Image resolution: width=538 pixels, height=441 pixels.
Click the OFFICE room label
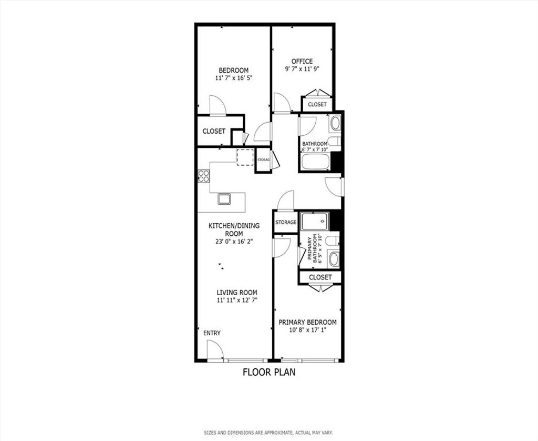[x=302, y=62]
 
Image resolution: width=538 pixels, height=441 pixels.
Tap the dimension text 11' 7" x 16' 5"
[x=234, y=78]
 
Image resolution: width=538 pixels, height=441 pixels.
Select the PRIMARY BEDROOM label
[x=307, y=323]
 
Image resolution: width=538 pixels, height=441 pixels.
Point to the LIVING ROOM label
[x=237, y=293]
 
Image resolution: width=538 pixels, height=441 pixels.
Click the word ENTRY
[x=212, y=333]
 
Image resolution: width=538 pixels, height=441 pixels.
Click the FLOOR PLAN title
[x=269, y=372]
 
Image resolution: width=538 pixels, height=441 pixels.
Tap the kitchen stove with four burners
[x=204, y=176]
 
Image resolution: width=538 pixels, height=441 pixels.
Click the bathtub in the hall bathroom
[x=315, y=162]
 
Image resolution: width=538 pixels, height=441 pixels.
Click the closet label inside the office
[x=317, y=105]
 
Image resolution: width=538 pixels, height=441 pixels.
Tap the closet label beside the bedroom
[x=214, y=132]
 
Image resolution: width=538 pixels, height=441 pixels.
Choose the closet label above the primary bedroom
[x=320, y=277]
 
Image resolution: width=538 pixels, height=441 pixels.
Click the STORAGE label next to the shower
[x=286, y=223]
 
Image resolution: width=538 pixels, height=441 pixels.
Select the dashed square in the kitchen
[x=245, y=157]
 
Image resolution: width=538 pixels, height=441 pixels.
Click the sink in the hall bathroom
[x=335, y=123]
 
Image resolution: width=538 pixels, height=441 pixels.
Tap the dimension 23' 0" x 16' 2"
[x=234, y=242]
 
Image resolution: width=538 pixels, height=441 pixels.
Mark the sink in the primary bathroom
[x=334, y=259]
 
